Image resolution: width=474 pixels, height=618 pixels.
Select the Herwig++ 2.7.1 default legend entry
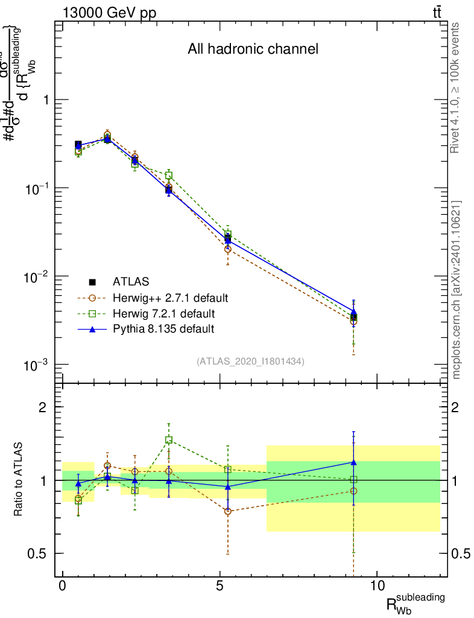coord(169,298)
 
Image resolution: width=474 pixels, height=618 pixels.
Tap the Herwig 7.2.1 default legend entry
coord(163,313)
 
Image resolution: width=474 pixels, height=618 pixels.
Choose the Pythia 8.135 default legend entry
coord(163,329)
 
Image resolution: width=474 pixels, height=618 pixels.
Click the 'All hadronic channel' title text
coord(253,49)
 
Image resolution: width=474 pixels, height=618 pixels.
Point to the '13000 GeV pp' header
coord(109,12)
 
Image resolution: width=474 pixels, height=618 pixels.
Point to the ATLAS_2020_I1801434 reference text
coord(250,362)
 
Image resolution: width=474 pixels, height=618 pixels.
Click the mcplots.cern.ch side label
coord(457,290)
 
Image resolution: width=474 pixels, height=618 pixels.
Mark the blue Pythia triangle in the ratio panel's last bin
coord(353,462)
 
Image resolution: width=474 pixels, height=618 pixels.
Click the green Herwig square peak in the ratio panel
coord(169,440)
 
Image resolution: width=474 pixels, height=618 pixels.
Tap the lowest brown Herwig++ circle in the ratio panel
coord(227,511)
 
